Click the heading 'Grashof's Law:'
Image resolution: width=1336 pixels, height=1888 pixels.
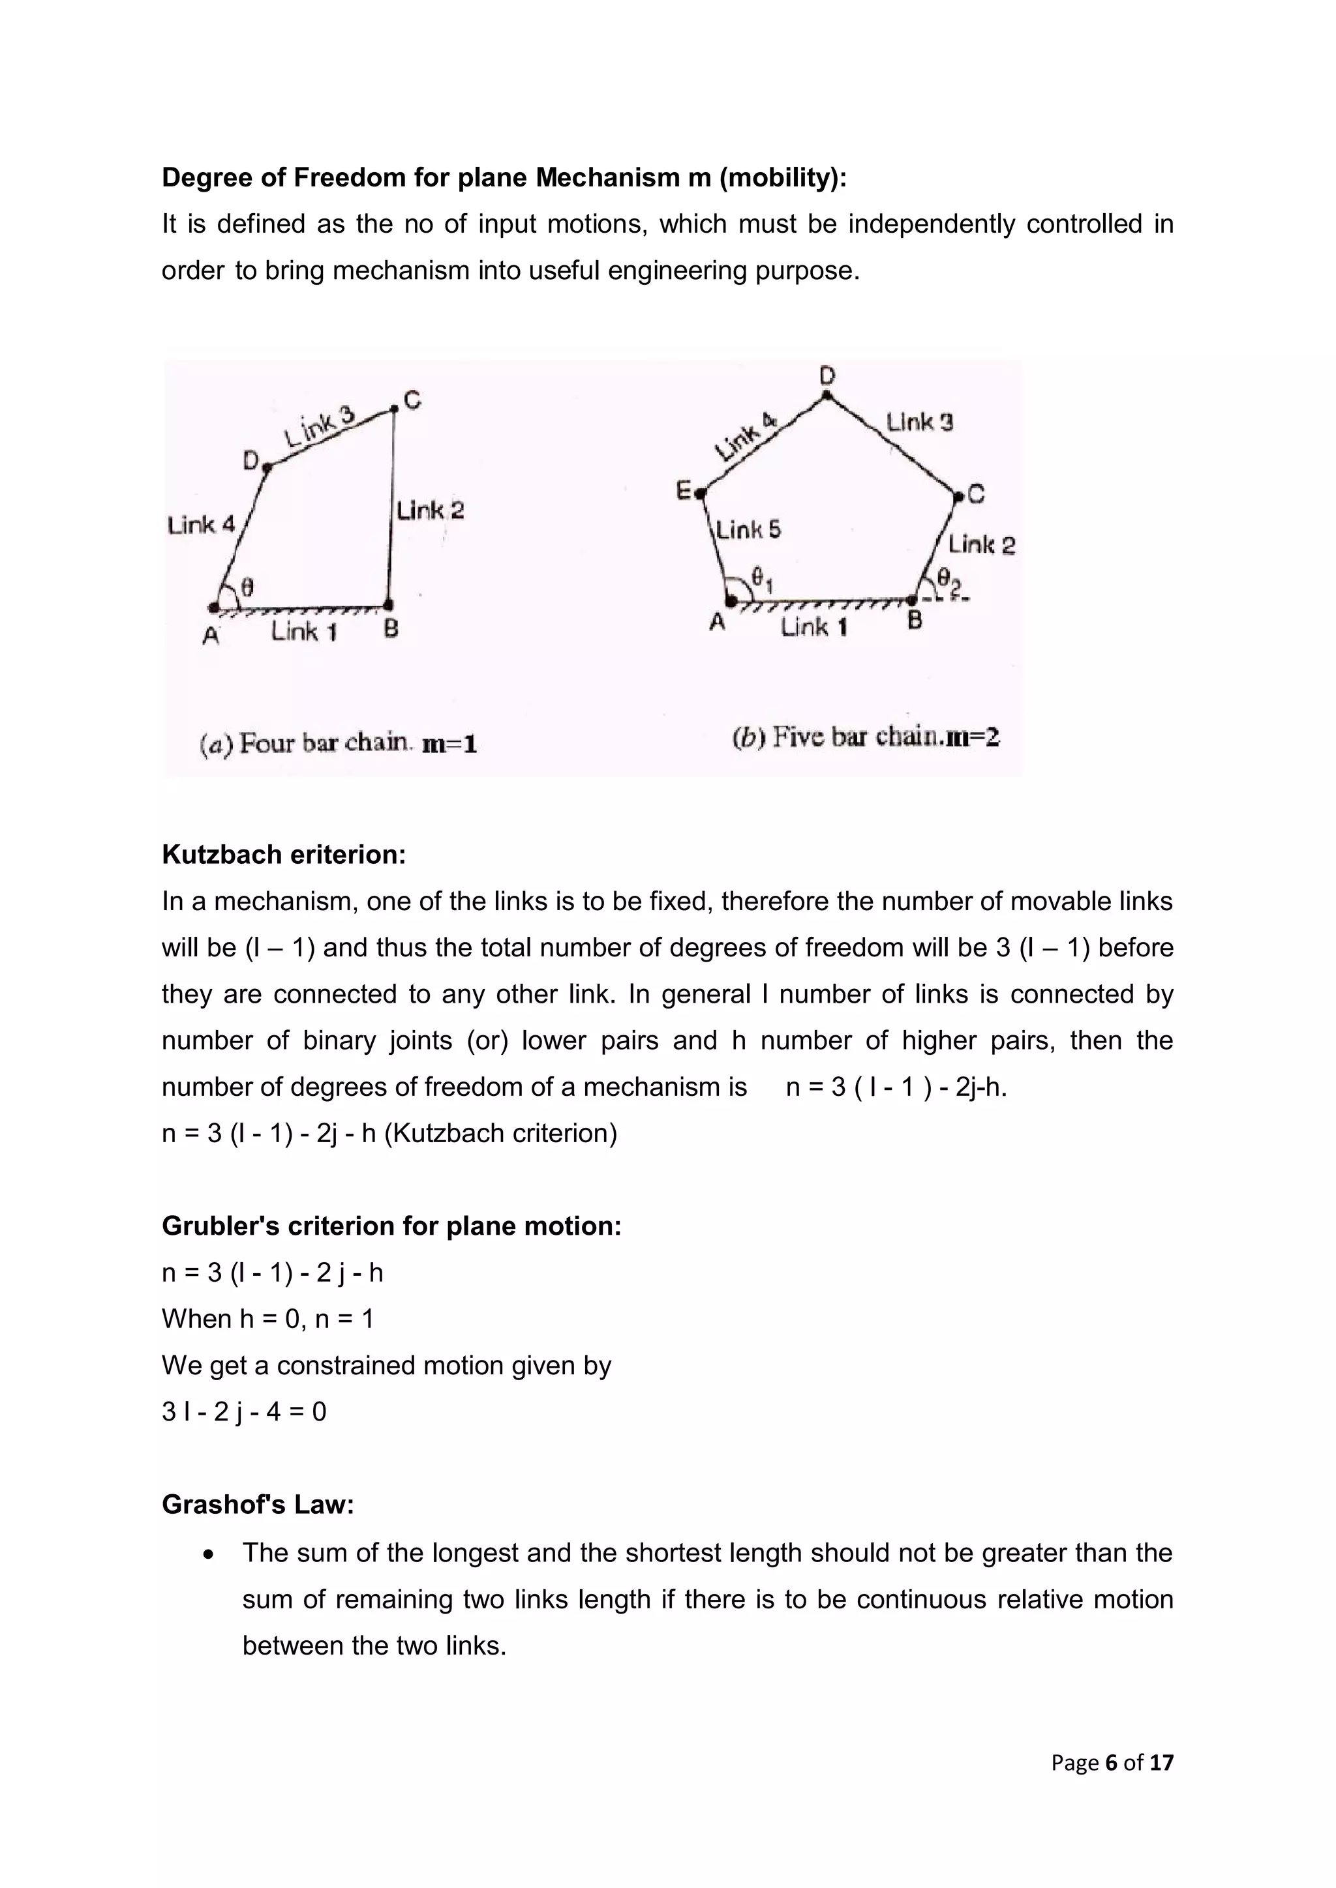pyautogui.click(x=258, y=1505)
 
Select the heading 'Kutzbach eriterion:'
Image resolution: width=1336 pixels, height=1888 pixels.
pyautogui.click(x=284, y=855)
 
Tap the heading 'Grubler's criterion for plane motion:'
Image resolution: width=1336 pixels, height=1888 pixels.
pyautogui.click(x=391, y=1226)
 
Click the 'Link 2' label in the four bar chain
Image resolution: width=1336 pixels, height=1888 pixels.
pyautogui.click(x=429, y=510)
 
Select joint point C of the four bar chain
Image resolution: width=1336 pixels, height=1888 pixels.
pyautogui.click(x=395, y=409)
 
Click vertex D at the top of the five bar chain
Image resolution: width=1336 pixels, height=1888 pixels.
pyautogui.click(x=827, y=396)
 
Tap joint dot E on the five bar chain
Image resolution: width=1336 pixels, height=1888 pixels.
pyautogui.click(x=699, y=494)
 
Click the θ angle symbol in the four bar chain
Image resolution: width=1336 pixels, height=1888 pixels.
pyautogui.click(x=246, y=587)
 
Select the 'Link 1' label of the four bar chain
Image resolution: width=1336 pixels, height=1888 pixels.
pyautogui.click(x=305, y=632)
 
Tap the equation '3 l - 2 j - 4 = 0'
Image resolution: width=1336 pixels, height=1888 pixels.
pyautogui.click(x=245, y=1412)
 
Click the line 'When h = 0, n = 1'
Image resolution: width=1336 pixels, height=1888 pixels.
pyautogui.click(x=267, y=1319)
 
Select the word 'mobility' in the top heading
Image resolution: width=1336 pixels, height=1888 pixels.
pyautogui.click(x=781, y=177)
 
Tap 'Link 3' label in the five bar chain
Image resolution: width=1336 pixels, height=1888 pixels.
pyautogui.click(x=919, y=422)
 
